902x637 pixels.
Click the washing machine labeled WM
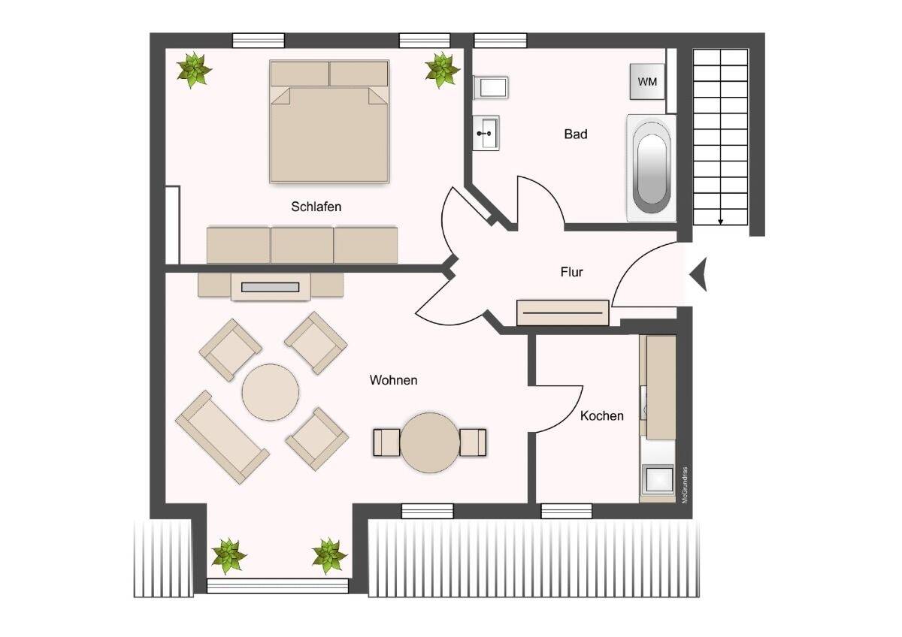pos(647,81)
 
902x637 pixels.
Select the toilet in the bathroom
pos(491,88)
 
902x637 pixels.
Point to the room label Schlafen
pos(316,207)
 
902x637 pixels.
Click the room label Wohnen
pos(393,380)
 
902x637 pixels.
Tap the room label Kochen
pos(601,415)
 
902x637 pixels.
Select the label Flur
pos(572,272)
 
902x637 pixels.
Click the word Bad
pos(576,134)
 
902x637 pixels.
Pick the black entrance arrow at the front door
pos(699,273)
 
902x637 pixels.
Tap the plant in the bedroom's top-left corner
pos(194,70)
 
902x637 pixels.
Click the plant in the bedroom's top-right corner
pos(442,71)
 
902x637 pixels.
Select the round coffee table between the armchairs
pos(271,392)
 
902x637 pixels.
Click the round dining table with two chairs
pos(430,442)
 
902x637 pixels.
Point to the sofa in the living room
pos(222,436)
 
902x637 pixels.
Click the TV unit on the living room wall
pos(271,286)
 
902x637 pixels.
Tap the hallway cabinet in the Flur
pos(563,312)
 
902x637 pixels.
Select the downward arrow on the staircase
pos(721,219)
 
